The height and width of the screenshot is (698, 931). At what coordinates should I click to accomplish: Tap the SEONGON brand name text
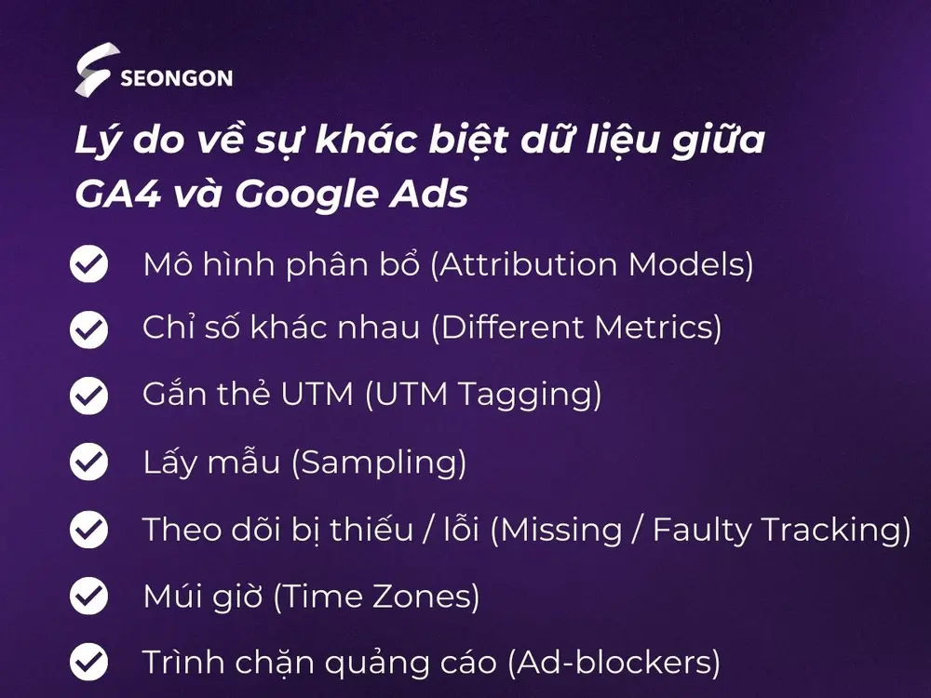176,78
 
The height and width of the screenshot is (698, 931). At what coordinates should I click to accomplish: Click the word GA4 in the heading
118,194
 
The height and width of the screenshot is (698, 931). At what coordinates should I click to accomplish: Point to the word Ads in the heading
428,194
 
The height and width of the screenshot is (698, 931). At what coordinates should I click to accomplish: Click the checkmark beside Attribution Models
89,263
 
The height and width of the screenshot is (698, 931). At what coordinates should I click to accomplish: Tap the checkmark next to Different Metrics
89,329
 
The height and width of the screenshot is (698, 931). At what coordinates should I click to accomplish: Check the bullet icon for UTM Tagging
89,396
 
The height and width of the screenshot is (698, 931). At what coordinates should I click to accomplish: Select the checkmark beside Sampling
89,462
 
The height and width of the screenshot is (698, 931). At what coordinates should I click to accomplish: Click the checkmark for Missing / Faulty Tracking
89,529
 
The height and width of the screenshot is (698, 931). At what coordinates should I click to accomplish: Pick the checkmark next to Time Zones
89,596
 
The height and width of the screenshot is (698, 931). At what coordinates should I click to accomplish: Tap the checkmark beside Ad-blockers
89,662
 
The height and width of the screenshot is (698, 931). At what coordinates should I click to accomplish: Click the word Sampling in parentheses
379,463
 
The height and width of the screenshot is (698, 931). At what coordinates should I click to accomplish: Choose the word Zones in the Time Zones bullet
425,597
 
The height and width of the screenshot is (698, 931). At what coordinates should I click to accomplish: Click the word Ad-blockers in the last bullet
614,663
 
